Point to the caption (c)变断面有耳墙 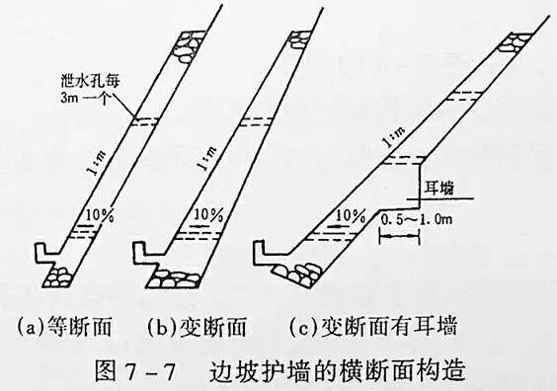[x=375, y=322]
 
